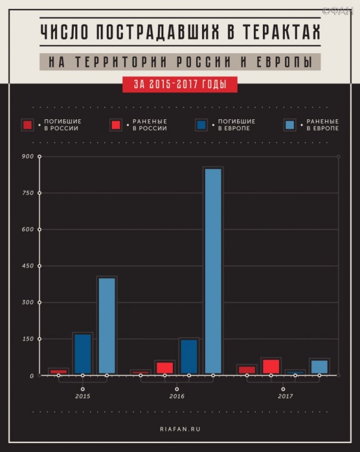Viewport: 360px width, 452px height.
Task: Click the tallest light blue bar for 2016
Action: [213, 271]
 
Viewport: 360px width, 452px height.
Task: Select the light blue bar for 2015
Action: [107, 326]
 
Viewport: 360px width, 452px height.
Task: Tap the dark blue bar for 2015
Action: [83, 354]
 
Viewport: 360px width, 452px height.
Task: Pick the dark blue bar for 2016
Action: [189, 356]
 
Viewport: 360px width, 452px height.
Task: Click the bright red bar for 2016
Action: [165, 367]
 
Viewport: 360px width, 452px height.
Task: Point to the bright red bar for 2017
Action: [271, 366]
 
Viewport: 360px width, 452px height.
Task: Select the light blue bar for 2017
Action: [319, 366]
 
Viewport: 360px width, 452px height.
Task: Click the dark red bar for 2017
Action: [247, 370]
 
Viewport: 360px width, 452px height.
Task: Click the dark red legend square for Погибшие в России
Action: [27, 125]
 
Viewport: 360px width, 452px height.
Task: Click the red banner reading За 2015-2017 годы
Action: [180, 85]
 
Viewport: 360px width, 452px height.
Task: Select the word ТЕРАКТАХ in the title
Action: [280, 32]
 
